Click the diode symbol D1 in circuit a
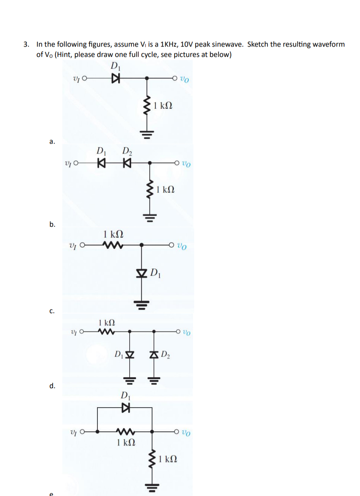116,79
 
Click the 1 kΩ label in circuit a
163,105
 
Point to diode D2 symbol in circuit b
127,163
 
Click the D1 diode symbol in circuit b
101,163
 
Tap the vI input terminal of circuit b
76,163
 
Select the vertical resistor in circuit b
150,189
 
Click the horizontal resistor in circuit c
113,245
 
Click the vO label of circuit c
182,246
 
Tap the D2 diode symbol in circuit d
154,355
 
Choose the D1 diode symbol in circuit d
130,355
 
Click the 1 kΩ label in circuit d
107,323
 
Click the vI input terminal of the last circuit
82,431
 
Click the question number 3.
26,44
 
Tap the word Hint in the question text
64,54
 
